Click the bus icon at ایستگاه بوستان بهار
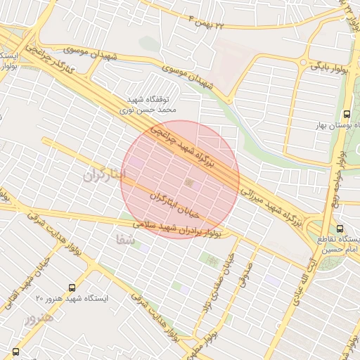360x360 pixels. [x=346, y=113]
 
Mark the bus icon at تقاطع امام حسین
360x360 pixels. [x=340, y=229]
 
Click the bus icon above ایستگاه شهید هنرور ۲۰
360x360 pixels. [x=72, y=288]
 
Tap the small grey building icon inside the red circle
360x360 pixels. [x=188, y=183]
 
